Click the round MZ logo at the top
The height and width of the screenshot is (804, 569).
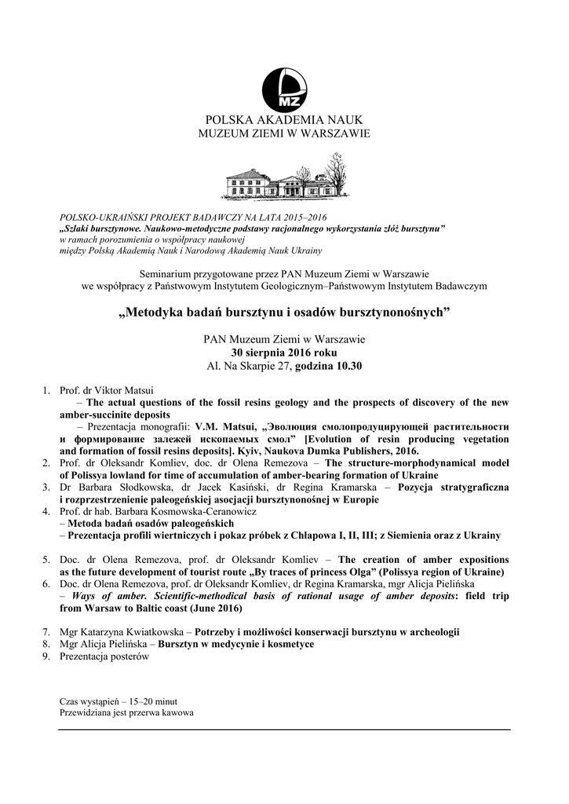(284, 90)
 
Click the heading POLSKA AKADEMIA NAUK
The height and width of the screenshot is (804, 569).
(284, 120)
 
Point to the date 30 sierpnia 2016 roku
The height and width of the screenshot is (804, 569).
(284, 353)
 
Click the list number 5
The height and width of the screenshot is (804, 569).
(46, 560)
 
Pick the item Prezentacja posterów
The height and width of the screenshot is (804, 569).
(104, 656)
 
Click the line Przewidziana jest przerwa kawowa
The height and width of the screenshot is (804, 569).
(126, 713)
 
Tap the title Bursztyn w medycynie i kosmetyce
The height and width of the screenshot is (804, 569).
(236, 644)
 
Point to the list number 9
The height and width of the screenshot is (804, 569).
(46, 656)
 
